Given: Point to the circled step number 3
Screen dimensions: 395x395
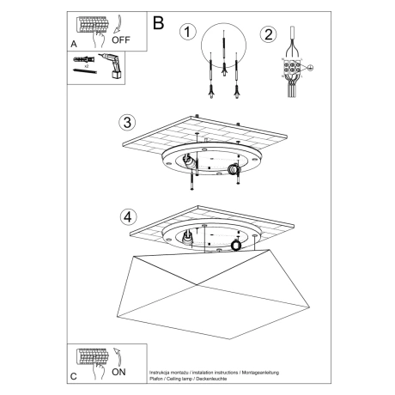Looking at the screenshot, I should [127, 121].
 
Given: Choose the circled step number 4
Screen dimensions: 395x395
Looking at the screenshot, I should [128, 216].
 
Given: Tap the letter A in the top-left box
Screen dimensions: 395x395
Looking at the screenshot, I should [73, 41].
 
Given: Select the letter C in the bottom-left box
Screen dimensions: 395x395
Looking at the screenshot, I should [73, 375].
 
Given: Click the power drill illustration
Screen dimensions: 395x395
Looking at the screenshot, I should [109, 65].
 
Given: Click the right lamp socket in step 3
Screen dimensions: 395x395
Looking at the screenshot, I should [233, 171].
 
